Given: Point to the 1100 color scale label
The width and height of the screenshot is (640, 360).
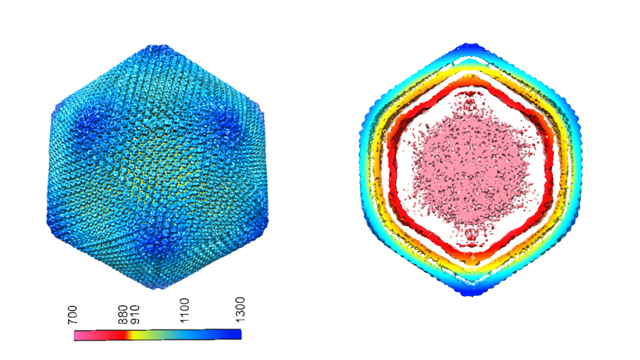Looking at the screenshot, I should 184,310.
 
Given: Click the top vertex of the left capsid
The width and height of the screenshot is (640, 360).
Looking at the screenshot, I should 158,47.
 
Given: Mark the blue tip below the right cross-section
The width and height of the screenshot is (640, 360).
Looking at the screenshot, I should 472,291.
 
